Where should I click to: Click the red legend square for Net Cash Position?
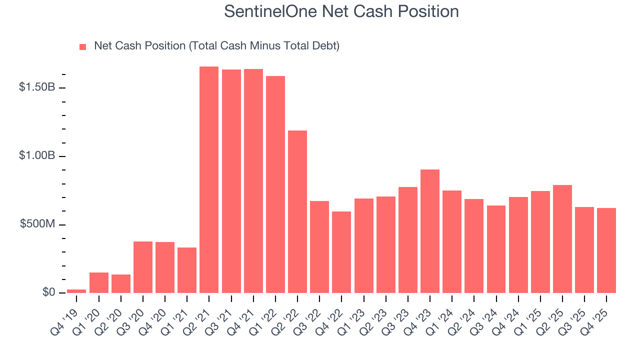[83, 46]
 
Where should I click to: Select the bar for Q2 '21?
[209, 179]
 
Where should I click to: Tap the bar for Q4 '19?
[76, 291]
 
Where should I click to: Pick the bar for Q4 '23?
[430, 231]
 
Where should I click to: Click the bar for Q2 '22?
[297, 211]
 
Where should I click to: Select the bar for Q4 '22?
[341, 252]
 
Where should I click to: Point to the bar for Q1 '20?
[98, 282]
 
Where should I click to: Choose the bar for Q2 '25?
[562, 239]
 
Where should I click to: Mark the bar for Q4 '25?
[606, 250]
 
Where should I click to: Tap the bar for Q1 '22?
[275, 184]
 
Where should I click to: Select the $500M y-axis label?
[36, 224]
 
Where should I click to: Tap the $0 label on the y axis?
[48, 292]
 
